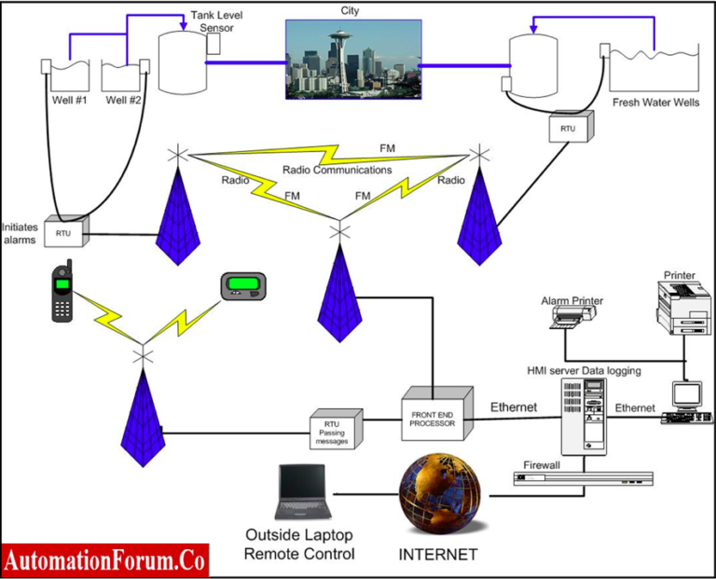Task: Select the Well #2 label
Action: click(123, 100)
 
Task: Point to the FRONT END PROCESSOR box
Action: click(432, 413)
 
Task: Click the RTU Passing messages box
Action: click(334, 430)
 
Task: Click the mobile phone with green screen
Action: click(62, 292)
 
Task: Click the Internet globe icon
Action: click(439, 493)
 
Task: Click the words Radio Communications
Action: click(337, 170)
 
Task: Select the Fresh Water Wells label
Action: click(655, 103)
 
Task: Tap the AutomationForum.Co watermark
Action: click(104, 560)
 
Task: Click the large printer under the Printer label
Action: click(685, 308)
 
